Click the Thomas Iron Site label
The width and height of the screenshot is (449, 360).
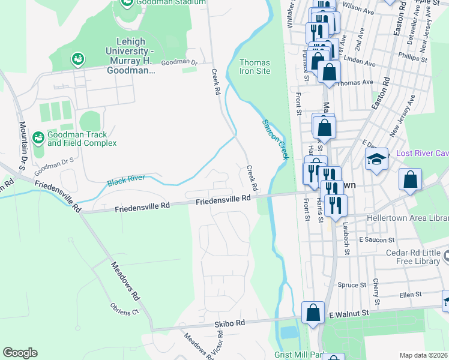coord(255,67)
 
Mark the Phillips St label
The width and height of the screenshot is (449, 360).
coord(415,59)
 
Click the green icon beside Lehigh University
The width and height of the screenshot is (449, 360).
coord(77,59)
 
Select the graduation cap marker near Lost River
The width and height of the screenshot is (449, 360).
coord(376,160)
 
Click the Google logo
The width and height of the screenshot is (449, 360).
coord(20,353)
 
